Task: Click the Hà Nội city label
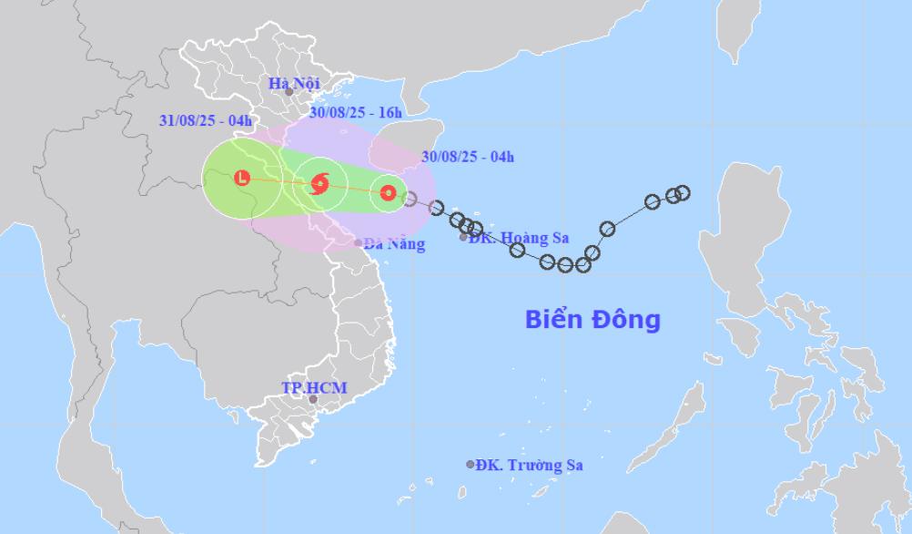[294, 83]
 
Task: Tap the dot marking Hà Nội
[289, 92]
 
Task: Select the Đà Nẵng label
[394, 244]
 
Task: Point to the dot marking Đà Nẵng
[358, 243]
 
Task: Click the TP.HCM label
[313, 388]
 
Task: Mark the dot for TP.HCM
[313, 399]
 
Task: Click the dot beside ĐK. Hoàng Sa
[463, 237]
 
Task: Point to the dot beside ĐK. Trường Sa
[471, 464]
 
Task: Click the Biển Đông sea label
[593, 320]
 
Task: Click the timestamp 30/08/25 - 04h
[468, 157]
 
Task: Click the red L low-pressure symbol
[241, 179]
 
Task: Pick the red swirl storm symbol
[319, 184]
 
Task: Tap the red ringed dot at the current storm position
[388, 192]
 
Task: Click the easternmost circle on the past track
[683, 192]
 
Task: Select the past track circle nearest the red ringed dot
[410, 198]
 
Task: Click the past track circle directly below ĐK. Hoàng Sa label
[517, 250]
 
